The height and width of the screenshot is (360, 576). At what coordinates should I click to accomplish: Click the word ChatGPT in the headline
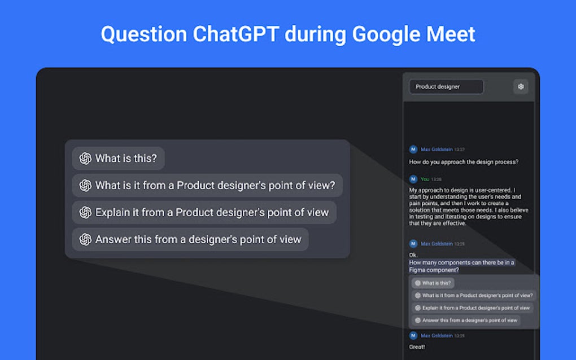235,34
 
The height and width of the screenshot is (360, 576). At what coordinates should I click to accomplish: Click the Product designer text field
446,87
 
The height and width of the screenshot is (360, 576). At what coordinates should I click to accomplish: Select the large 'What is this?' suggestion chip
119,159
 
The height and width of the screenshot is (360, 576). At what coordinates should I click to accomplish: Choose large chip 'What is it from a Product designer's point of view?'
207,185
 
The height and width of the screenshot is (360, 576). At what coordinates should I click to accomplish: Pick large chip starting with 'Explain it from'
204,212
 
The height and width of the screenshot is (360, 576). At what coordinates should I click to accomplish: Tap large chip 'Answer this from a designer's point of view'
190,239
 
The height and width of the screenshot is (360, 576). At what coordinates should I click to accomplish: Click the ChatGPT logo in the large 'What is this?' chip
85,159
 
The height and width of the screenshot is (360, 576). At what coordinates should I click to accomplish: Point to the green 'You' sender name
425,179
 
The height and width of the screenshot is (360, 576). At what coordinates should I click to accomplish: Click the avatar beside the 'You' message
413,179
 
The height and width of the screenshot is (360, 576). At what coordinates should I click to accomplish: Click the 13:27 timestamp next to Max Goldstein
459,150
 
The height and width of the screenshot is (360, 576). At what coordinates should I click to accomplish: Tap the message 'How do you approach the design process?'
464,162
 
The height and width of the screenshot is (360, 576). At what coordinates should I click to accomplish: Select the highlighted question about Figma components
461,266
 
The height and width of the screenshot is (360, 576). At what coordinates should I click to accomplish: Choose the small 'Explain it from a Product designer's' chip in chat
472,308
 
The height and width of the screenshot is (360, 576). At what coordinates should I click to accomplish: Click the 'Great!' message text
417,346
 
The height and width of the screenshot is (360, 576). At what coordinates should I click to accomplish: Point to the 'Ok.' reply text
413,255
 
